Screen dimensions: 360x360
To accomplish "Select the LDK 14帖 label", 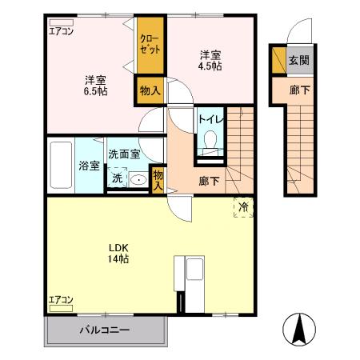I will click(x=119, y=253).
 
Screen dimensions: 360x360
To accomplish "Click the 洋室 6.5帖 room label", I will click(x=95, y=86).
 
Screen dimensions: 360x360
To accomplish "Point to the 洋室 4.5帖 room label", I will click(x=211, y=59).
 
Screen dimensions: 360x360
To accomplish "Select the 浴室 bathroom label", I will click(x=89, y=166).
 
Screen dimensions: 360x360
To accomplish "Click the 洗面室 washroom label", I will click(x=125, y=154).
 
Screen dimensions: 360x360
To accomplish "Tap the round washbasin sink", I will click(x=138, y=180).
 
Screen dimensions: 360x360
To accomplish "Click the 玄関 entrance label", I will click(x=298, y=59).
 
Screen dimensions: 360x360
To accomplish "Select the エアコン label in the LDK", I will click(x=61, y=300).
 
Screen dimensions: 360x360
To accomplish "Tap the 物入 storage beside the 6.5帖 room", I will click(x=150, y=90).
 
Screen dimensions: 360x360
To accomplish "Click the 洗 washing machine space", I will click(x=117, y=178).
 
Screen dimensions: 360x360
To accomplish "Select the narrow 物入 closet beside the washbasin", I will click(x=158, y=179).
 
